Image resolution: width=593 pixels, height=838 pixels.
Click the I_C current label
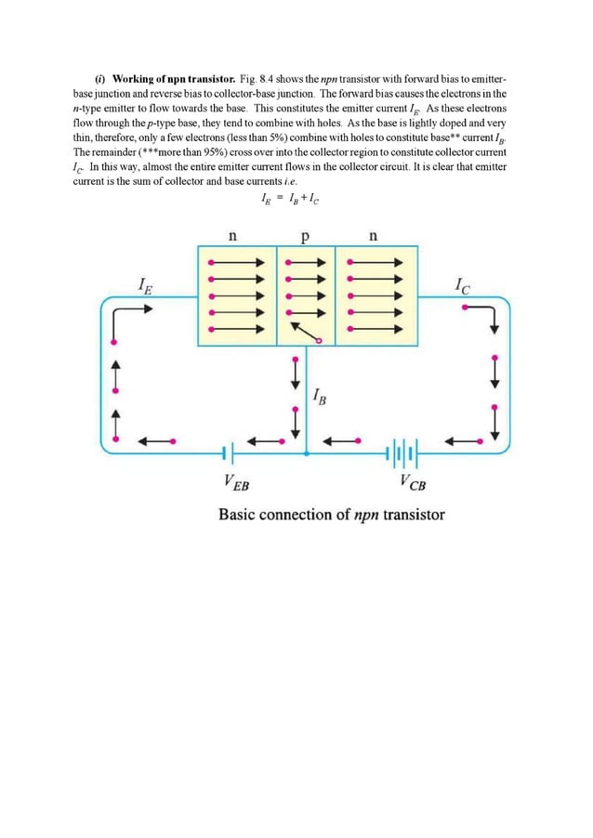point(462,286)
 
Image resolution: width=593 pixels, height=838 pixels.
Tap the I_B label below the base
point(321,399)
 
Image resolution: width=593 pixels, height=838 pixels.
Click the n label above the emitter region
point(232,236)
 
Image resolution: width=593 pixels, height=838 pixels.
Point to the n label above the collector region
point(373,236)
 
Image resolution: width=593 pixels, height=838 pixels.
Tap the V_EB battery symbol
point(229,453)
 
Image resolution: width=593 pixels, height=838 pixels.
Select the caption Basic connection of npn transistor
point(331,514)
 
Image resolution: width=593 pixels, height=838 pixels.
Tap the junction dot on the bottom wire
point(307,453)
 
